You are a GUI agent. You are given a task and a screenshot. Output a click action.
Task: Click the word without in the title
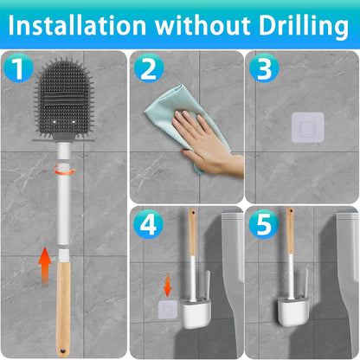coord(202,26)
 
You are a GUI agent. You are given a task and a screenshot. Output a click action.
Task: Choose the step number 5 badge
coord(264,228)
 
